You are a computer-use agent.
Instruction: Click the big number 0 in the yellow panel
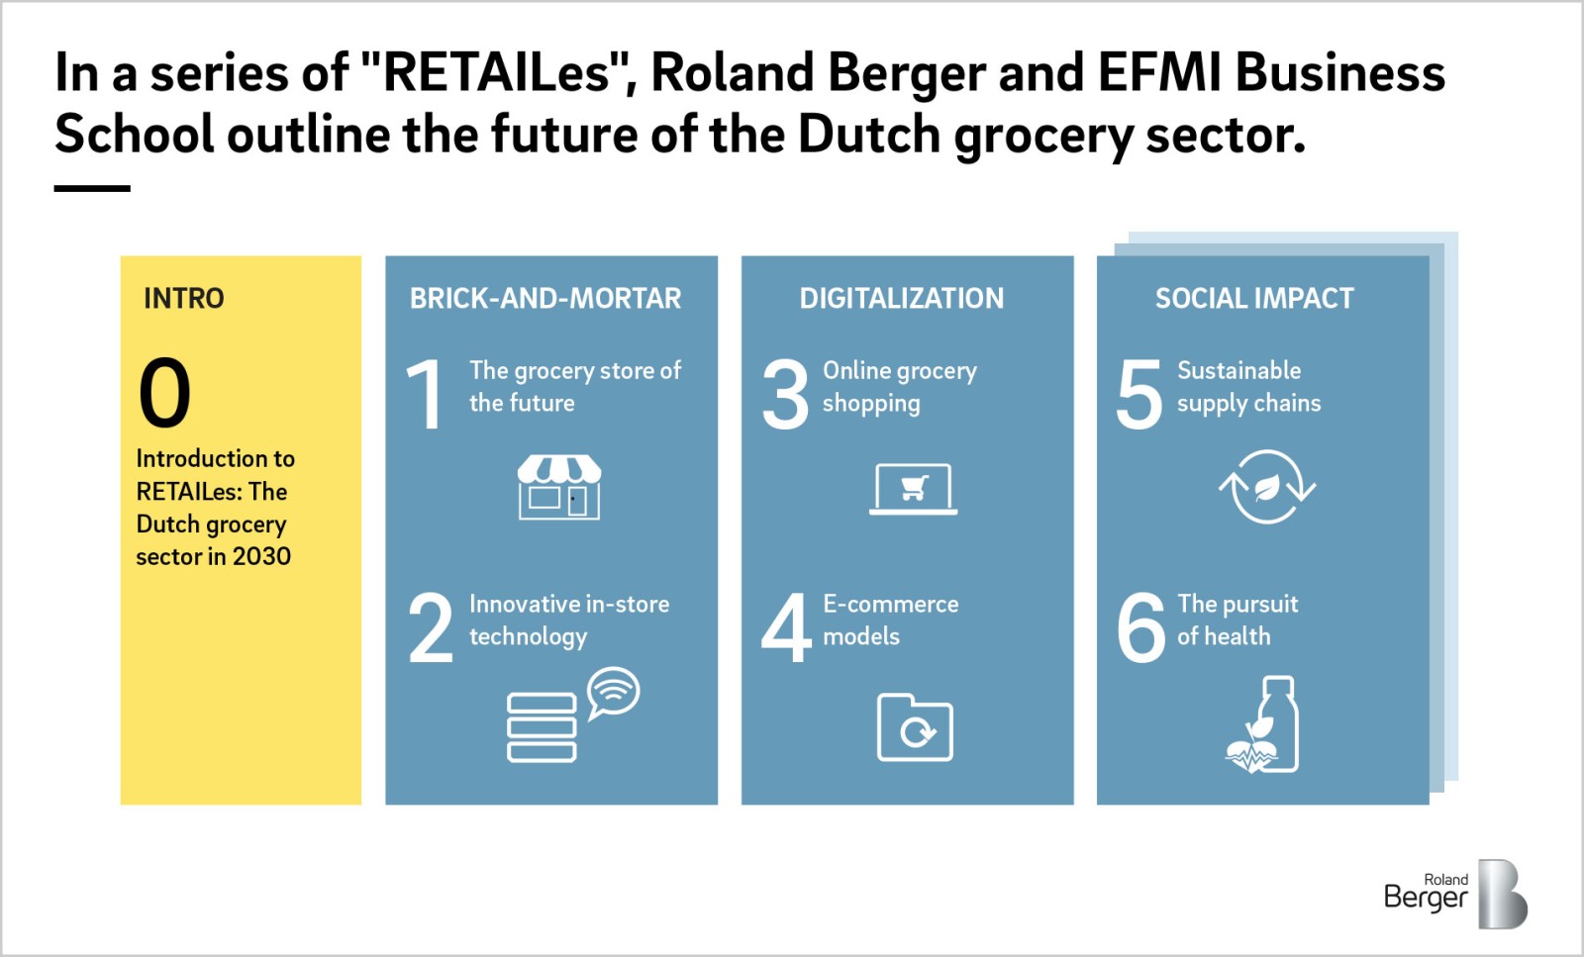pos(164,392)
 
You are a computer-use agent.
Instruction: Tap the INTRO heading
pos(184,298)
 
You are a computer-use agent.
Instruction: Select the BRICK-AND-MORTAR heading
pos(545,298)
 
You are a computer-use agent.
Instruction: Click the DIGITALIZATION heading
pos(902,298)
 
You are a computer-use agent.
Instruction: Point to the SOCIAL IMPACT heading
pos(1254,298)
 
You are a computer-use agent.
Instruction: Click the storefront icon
pos(559,487)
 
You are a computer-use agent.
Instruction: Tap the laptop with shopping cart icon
pos(914,489)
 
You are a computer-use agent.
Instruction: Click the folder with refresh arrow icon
pos(915,727)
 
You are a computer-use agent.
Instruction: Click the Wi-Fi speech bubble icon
pos(614,693)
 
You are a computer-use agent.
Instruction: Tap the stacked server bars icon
pos(542,727)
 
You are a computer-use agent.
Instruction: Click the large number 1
pos(425,393)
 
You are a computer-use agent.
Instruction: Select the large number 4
pos(786,626)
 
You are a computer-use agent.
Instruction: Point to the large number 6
pos(1140,626)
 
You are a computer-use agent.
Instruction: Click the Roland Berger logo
pos(1456,894)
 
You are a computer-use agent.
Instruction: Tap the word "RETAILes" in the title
pos(496,73)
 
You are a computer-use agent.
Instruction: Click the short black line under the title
pos(92,188)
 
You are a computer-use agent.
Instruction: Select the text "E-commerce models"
pos(890,620)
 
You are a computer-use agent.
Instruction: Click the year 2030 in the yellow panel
pos(261,557)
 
